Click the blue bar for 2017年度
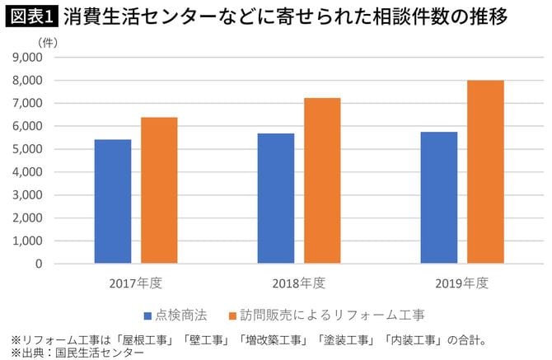click(112, 202)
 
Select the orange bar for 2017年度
click(158, 190)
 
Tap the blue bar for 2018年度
click(275, 199)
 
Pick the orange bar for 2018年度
click(321, 181)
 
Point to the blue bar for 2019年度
click(438, 198)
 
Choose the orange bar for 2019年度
click(484, 172)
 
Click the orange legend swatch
click(232, 316)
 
